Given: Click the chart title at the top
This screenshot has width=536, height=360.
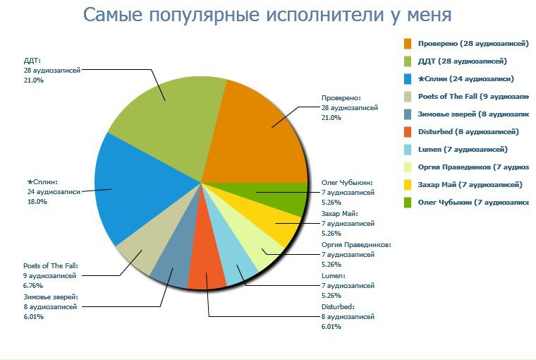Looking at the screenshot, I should tap(267, 15).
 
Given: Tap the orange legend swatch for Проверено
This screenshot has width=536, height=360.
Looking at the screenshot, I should tap(408, 44).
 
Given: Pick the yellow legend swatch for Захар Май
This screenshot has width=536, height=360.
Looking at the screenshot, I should tap(408, 185).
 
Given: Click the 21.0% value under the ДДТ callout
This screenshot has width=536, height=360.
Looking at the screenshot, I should tap(34, 80).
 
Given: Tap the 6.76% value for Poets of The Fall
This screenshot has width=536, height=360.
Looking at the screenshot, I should tap(33, 286).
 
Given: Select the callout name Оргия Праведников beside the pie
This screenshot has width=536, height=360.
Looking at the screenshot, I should tap(355, 245).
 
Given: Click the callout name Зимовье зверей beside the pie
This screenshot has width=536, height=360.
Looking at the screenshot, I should tap(51, 297).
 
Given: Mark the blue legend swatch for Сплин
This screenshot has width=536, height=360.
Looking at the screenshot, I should tap(408, 79).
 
